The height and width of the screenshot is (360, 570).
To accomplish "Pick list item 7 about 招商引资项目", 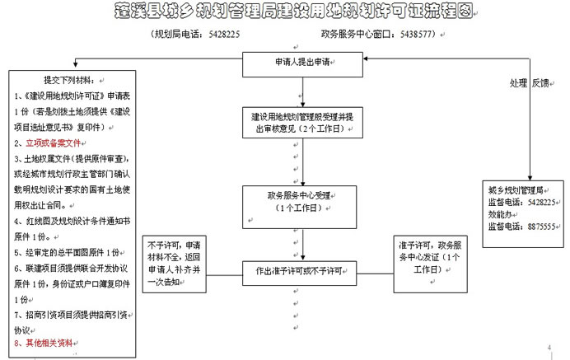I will pyautogui.click(x=69, y=316).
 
